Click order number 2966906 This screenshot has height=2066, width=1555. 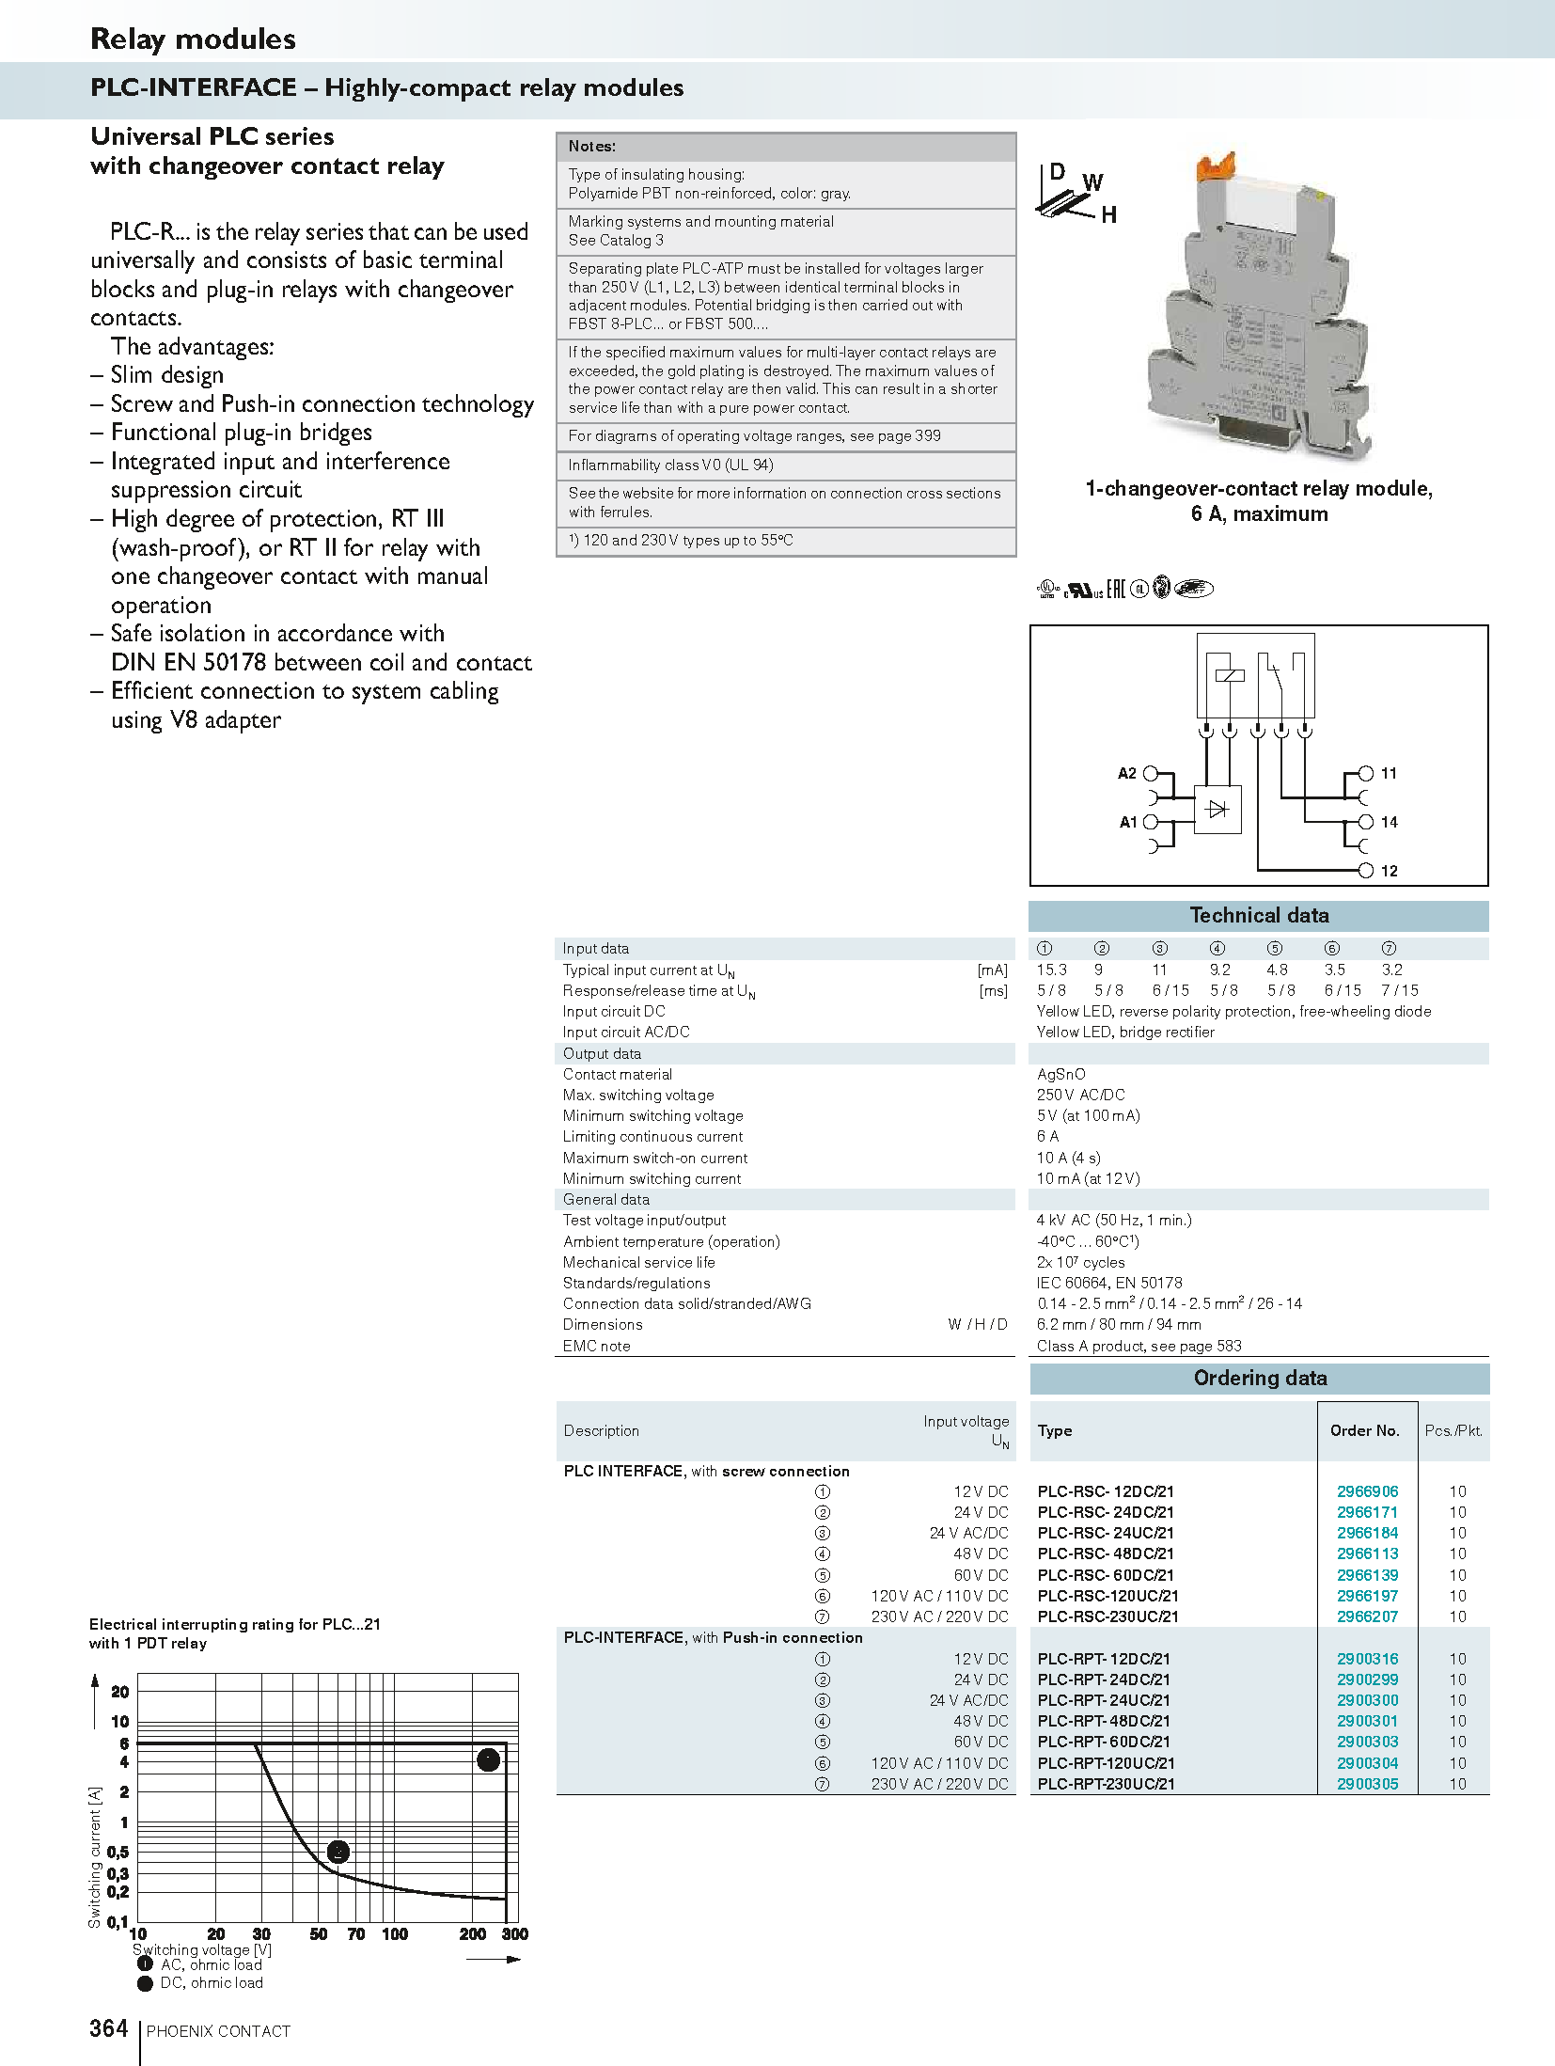(x=1367, y=1490)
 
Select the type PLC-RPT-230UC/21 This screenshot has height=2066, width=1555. (x=1106, y=1783)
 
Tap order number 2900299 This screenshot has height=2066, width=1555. (x=1367, y=1679)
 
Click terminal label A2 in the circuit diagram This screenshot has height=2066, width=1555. (x=1126, y=773)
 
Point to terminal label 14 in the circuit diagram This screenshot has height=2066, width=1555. (x=1389, y=822)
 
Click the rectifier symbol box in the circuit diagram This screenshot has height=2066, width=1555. (x=1217, y=809)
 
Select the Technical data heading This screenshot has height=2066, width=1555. (x=1259, y=915)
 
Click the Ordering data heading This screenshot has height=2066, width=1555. (x=1260, y=1378)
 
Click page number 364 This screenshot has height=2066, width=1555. (x=109, y=2028)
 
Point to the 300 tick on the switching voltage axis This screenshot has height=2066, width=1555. (x=514, y=1933)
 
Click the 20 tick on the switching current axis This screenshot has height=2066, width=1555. (x=120, y=1692)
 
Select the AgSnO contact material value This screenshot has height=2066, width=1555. (x=1060, y=1074)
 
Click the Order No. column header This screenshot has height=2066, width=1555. (x=1364, y=1430)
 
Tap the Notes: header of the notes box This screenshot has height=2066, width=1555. (x=592, y=147)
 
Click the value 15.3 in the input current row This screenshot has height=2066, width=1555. (x=1051, y=970)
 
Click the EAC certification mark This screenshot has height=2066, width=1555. (x=1115, y=589)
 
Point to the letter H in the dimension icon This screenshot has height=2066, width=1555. (x=1108, y=215)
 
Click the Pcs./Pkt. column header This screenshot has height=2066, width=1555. (x=1453, y=1430)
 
